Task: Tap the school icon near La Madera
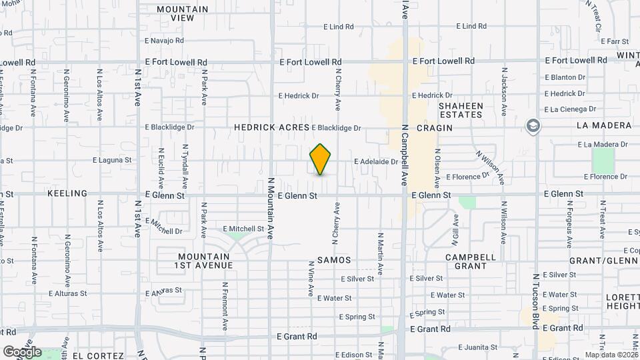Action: [533, 127]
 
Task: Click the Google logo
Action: [22, 351]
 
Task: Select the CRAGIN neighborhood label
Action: [430, 127]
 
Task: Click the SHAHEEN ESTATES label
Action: [460, 110]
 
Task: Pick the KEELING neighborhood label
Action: [67, 193]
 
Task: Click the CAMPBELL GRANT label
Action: [471, 261]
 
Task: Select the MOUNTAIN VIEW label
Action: [183, 14]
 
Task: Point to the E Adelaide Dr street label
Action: [376, 161]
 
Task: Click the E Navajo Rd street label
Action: [164, 41]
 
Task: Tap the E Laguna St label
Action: [112, 160]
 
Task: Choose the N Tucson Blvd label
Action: [535, 300]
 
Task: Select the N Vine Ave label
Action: [311, 278]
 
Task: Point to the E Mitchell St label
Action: [243, 228]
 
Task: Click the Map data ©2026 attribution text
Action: [610, 355]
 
